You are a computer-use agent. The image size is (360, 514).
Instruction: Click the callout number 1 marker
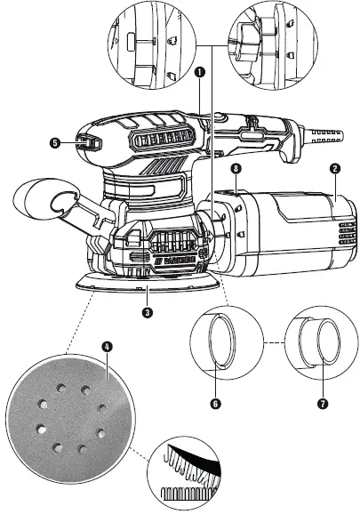coord(201,70)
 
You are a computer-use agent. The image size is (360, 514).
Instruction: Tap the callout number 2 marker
coord(333,167)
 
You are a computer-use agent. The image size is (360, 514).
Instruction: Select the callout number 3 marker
coord(147,312)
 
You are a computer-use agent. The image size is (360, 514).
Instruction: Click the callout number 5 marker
coord(55,141)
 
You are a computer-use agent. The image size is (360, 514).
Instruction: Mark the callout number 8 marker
coord(235,167)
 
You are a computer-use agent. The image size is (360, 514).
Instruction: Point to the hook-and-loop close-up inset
coord(187,471)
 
